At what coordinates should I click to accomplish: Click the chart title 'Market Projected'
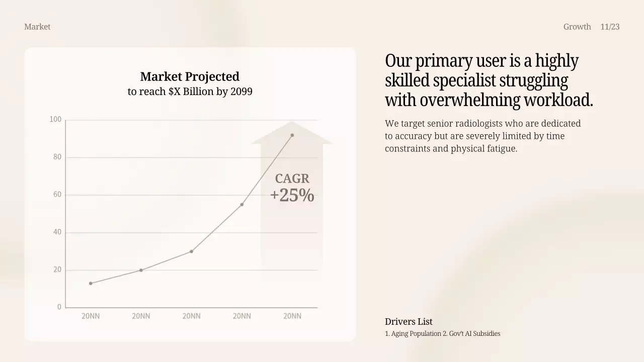click(x=190, y=76)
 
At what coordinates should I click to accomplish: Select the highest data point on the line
click(x=292, y=135)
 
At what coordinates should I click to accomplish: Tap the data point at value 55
click(x=242, y=205)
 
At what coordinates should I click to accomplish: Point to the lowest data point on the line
click(x=91, y=284)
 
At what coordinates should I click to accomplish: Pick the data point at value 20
click(x=141, y=270)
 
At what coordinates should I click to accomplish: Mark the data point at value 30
click(x=191, y=251)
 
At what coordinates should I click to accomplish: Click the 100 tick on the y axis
click(x=55, y=120)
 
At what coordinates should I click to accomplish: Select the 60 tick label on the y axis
click(x=57, y=195)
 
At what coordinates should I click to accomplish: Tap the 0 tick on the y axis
click(x=59, y=307)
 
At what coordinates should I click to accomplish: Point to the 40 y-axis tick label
click(x=57, y=232)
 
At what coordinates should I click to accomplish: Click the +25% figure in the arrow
click(x=292, y=195)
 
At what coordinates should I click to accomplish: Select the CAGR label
click(x=292, y=178)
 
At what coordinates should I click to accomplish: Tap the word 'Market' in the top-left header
click(x=37, y=27)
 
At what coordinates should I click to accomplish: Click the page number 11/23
click(x=610, y=27)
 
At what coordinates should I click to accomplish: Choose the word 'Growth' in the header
click(x=577, y=27)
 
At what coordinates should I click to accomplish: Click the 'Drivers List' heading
click(x=409, y=322)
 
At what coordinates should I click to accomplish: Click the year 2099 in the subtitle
click(x=242, y=92)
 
